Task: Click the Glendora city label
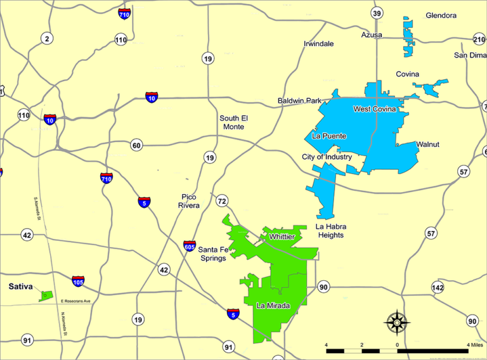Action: [441, 15]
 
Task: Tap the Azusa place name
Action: [372, 35]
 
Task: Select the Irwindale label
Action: [318, 44]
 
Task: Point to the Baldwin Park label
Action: [300, 101]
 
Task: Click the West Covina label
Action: [375, 109]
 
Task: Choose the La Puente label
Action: [330, 136]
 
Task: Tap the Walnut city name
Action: [428, 145]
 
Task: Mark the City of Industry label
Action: [327, 157]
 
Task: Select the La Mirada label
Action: [273, 306]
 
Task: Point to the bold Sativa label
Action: [20, 286]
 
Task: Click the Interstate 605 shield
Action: [190, 246]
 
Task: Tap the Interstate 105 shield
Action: [78, 281]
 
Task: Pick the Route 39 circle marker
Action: [377, 13]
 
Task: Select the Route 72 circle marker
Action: [222, 202]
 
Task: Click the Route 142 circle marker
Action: [438, 287]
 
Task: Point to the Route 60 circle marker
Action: [136, 145]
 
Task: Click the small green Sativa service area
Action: [46, 295]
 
